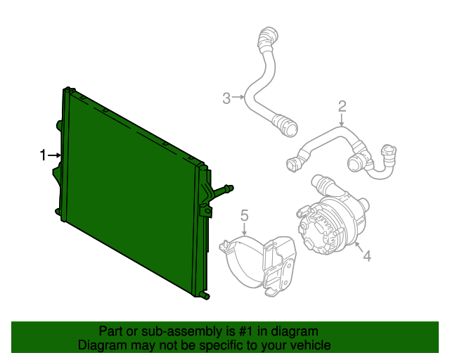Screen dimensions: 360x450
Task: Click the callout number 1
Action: [x=43, y=155]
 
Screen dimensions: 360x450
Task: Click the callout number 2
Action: [x=342, y=107]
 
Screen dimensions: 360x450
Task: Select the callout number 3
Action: [x=226, y=98]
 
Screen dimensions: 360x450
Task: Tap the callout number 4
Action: [x=367, y=257]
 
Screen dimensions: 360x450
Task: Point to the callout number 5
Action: [x=245, y=214]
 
